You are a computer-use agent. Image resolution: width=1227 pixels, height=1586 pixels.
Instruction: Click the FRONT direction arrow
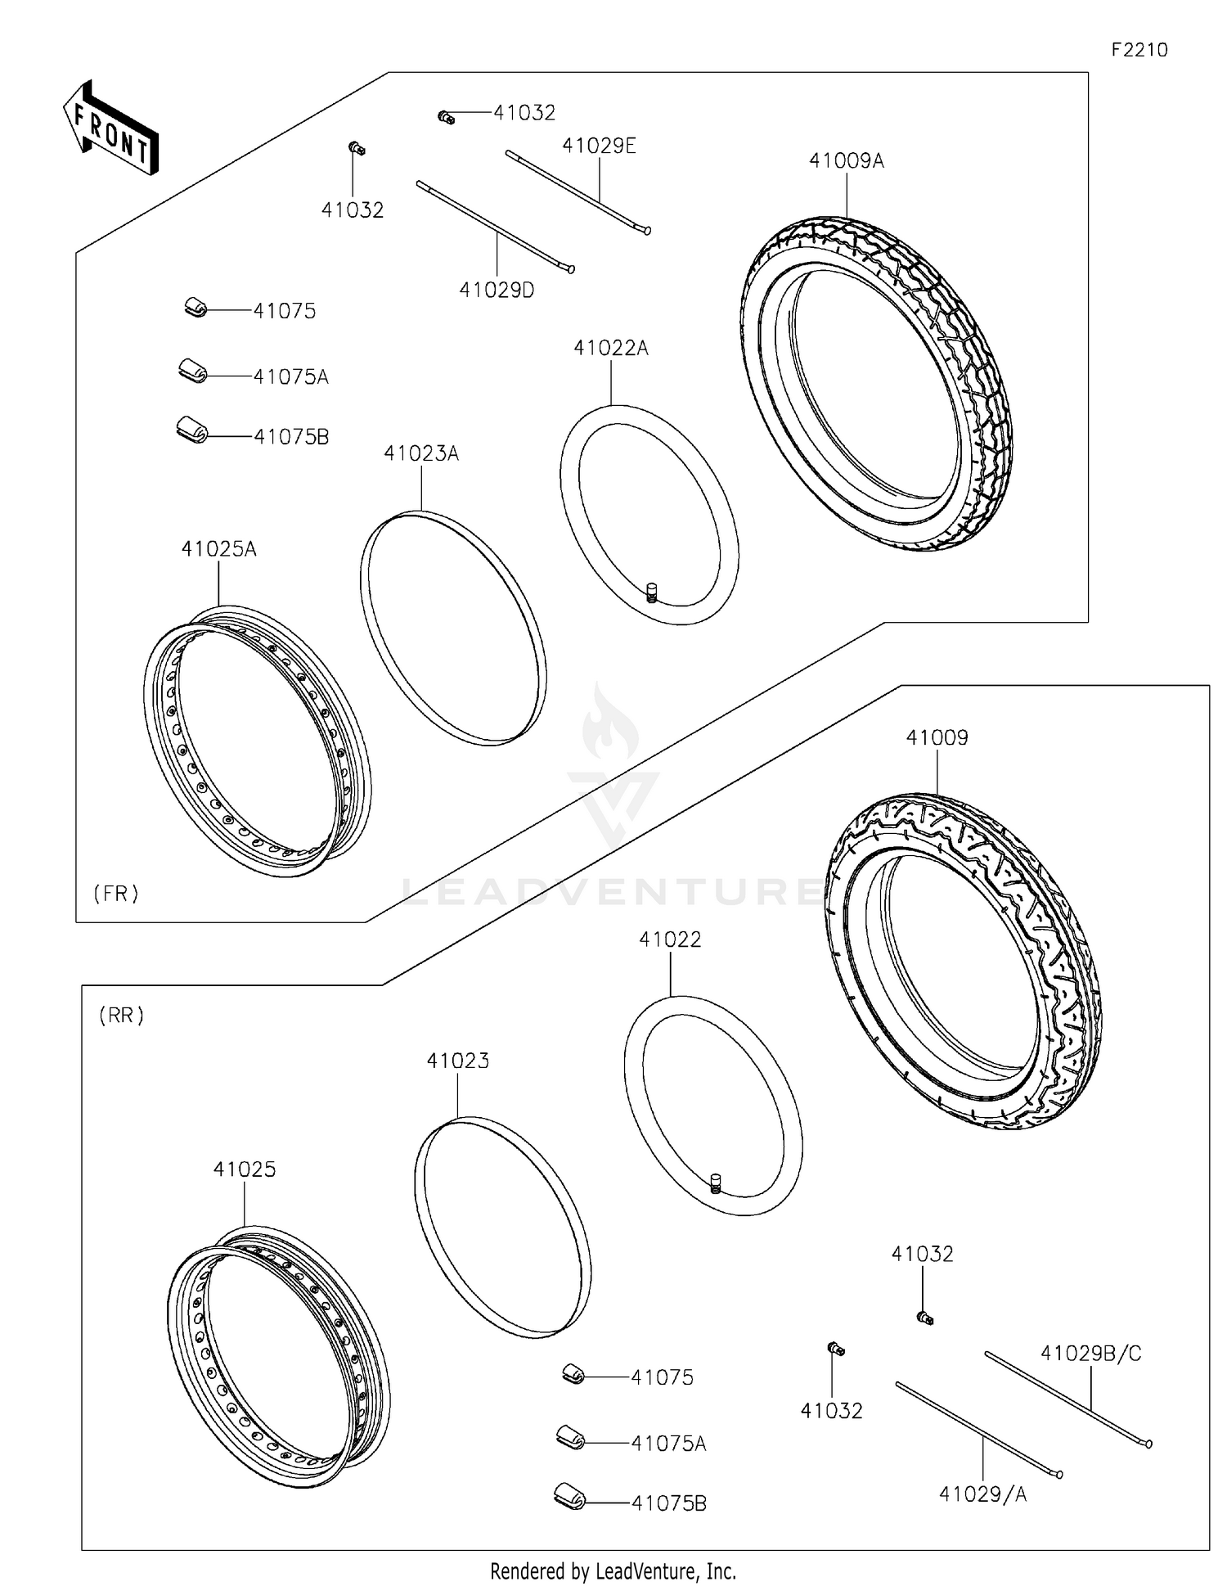[x=111, y=128]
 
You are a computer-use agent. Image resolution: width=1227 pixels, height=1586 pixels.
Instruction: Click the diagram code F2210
[x=1139, y=50]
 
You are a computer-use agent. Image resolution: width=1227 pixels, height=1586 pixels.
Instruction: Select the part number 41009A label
[x=846, y=161]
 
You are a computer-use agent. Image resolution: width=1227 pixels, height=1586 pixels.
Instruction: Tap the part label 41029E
[x=599, y=146]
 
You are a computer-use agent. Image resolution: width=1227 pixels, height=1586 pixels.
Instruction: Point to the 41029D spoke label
[x=497, y=290]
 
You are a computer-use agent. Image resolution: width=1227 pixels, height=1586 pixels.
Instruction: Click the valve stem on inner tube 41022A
[x=652, y=591]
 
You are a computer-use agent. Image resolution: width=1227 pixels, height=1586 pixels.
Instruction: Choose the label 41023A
[x=421, y=453]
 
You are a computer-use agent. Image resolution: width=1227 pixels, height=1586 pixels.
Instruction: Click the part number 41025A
[x=218, y=549]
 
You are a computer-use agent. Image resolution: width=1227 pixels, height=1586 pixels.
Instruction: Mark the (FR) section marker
[x=115, y=894]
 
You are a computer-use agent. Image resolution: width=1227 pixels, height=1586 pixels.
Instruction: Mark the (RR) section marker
[x=121, y=1016]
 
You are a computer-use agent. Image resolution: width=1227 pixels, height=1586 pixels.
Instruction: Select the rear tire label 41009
[x=937, y=738]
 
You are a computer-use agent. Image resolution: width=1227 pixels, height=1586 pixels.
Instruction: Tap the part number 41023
[x=457, y=1061]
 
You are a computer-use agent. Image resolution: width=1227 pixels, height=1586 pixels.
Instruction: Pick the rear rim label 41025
[x=245, y=1169]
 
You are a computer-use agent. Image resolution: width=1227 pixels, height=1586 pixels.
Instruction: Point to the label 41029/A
[x=982, y=1494]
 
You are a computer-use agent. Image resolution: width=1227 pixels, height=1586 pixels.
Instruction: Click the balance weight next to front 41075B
[x=192, y=429]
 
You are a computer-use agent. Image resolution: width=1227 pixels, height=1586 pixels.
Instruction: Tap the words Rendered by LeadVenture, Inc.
[x=613, y=1570]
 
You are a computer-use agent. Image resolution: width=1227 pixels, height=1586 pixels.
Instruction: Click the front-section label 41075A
[x=290, y=377]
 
